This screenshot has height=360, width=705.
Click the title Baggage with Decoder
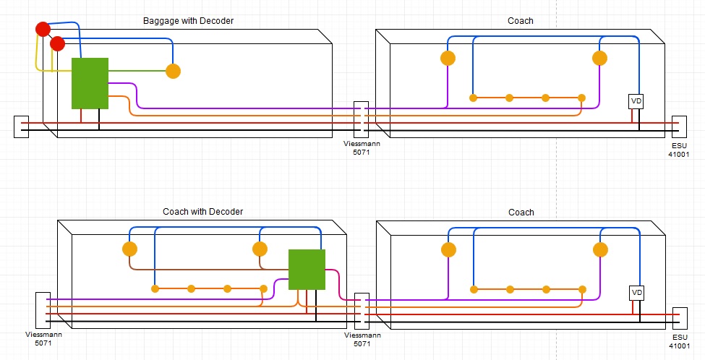pyautogui.click(x=188, y=21)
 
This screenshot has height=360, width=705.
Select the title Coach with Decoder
pyautogui.click(x=202, y=212)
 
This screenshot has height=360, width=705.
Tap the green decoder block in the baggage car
pyautogui.click(x=90, y=83)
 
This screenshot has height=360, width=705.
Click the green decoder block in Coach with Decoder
pyautogui.click(x=307, y=269)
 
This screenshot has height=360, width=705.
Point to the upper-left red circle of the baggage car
pyautogui.click(x=43, y=30)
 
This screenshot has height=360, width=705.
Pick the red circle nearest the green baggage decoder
pyautogui.click(x=58, y=44)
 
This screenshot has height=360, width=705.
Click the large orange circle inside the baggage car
pyautogui.click(x=173, y=71)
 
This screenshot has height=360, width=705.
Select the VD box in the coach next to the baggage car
pyautogui.click(x=636, y=101)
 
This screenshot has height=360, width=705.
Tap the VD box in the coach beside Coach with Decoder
pyautogui.click(x=636, y=293)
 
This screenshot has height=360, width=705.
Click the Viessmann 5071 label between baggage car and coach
pyautogui.click(x=362, y=148)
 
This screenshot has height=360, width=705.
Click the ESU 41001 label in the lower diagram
pyautogui.click(x=679, y=339)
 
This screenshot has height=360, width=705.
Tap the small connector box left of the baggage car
pyautogui.click(x=21, y=127)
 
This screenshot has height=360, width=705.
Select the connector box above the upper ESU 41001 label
pyautogui.click(x=679, y=127)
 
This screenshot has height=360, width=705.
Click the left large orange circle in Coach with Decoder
pyautogui.click(x=129, y=249)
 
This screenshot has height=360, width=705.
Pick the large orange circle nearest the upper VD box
pyautogui.click(x=599, y=59)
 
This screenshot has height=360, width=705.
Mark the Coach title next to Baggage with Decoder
pyautogui.click(x=521, y=21)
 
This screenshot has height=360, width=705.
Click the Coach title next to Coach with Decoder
pyautogui.click(x=521, y=213)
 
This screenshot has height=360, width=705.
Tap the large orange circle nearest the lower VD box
pyautogui.click(x=599, y=250)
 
